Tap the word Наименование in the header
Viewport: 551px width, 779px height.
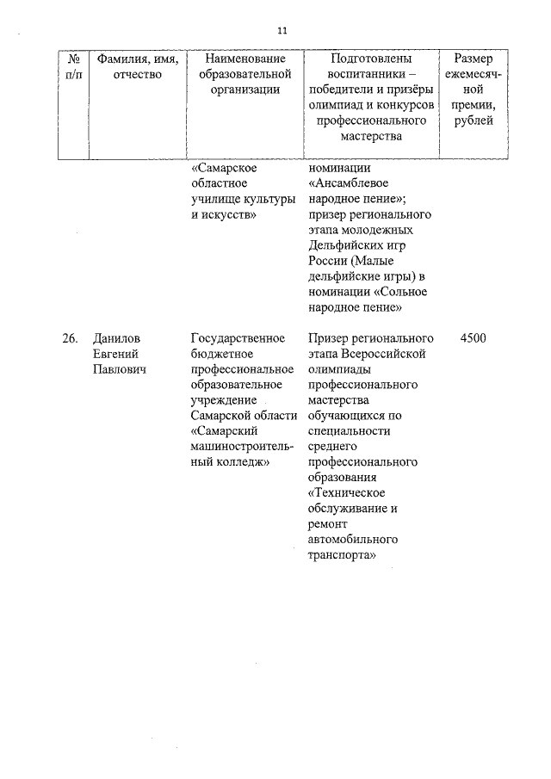tap(245, 59)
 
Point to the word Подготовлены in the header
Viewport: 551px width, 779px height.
tap(371, 59)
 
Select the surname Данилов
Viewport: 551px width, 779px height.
tap(118, 338)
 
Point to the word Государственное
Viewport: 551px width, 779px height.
tap(237, 338)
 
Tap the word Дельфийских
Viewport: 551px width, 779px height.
tap(343, 246)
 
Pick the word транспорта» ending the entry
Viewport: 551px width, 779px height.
tap(343, 555)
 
